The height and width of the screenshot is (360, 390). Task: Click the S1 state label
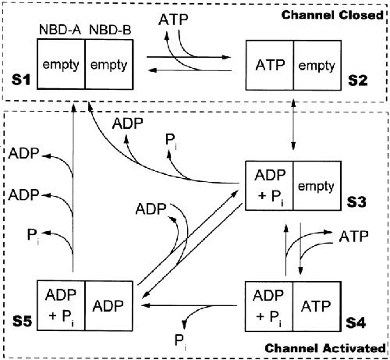(21, 80)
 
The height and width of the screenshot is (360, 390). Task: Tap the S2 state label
(358, 80)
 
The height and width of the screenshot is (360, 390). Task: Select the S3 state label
(356, 201)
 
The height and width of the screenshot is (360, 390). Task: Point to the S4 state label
(356, 323)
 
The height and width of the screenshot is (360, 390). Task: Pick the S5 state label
(23, 321)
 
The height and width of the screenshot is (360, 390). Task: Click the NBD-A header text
(60, 30)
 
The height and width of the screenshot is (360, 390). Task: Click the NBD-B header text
(110, 30)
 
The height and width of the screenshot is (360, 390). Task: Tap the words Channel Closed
(332, 15)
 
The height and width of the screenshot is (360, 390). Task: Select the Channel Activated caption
(325, 348)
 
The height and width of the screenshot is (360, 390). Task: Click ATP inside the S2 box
(270, 65)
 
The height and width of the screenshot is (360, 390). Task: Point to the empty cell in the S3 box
(316, 187)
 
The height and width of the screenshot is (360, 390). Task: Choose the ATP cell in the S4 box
(316, 306)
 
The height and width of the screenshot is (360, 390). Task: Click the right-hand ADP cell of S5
(108, 306)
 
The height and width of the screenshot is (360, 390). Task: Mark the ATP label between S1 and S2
(173, 20)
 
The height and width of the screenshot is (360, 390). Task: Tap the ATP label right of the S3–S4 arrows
(354, 237)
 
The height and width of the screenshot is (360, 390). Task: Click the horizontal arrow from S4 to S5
(190, 305)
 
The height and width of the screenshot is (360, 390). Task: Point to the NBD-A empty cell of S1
(61, 64)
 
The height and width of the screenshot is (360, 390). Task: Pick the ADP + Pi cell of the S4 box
(268, 306)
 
